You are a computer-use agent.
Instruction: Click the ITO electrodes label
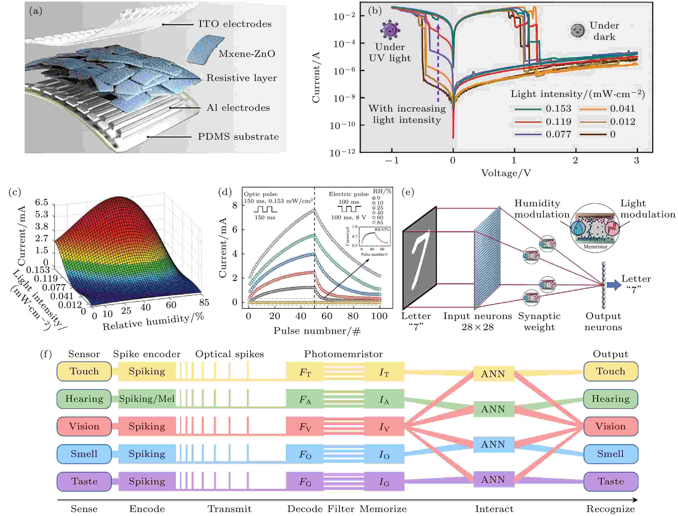[x=235, y=24]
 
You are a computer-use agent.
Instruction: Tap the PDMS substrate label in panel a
[x=238, y=137]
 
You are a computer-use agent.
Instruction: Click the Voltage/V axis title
[x=506, y=173]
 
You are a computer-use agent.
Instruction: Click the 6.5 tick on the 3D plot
[x=42, y=202]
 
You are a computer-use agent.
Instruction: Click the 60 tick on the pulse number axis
[x=327, y=316]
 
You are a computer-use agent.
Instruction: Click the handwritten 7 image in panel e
[x=420, y=258]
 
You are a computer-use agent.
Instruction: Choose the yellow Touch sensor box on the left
[x=84, y=371]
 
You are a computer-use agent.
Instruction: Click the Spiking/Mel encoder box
[x=147, y=399]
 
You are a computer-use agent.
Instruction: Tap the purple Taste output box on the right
[x=611, y=481]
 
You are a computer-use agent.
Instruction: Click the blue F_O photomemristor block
[x=305, y=454]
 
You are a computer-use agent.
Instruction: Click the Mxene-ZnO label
[x=247, y=54]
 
